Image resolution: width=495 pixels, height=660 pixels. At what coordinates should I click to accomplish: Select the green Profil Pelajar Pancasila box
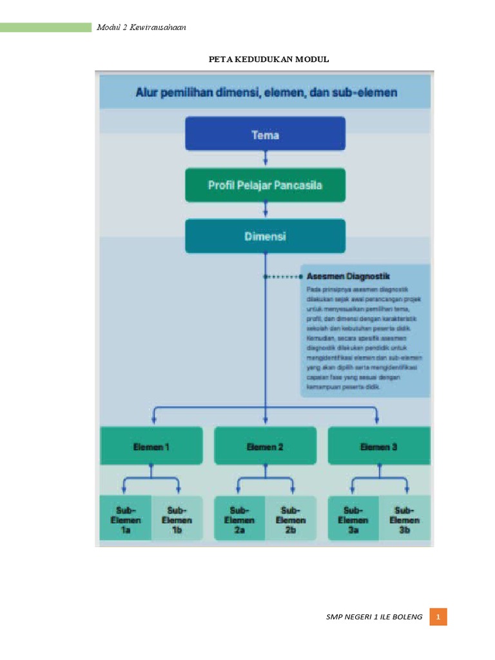265,185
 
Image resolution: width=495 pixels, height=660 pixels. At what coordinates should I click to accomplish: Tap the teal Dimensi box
265,236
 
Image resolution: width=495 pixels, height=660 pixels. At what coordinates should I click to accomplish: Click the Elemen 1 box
151,446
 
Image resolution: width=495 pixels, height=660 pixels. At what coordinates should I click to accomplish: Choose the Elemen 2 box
265,446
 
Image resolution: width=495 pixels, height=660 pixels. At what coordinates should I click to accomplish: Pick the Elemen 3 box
379,446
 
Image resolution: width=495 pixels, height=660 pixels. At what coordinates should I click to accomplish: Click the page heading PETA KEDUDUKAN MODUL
268,59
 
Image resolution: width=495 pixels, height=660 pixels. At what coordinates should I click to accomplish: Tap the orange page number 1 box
438,617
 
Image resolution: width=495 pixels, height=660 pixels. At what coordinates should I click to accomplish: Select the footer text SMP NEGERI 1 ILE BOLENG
375,617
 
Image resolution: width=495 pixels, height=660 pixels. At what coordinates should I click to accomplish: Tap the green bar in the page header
46,27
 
